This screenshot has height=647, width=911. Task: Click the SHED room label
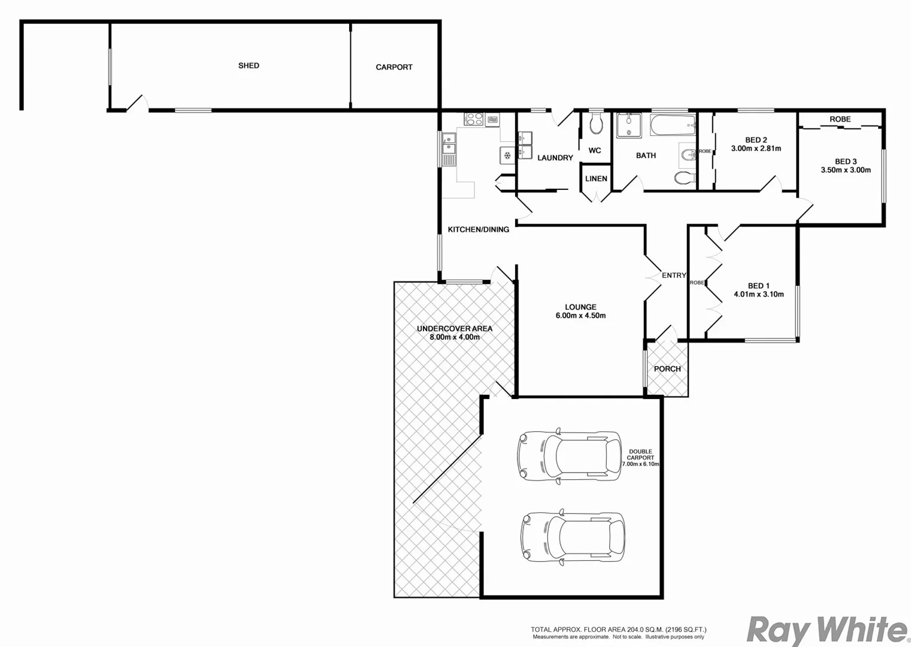click(x=249, y=65)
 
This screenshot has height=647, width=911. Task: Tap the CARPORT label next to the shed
click(x=394, y=67)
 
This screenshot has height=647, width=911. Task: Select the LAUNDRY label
click(x=555, y=158)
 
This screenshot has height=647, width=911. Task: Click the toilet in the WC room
click(x=596, y=125)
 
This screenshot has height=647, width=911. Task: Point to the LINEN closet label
click(x=596, y=179)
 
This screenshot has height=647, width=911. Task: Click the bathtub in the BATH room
click(x=673, y=126)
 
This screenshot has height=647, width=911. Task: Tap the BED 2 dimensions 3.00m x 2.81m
click(x=756, y=149)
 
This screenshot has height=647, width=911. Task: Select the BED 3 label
click(x=846, y=161)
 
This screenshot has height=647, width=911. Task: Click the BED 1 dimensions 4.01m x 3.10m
click(x=758, y=294)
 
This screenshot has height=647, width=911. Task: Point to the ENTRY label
click(x=673, y=275)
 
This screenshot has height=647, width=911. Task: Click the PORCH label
click(x=667, y=368)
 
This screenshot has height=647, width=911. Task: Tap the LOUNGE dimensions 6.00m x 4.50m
click(x=580, y=316)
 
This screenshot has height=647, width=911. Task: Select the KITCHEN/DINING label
click(x=478, y=229)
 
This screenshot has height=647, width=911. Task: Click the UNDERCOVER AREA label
click(x=454, y=328)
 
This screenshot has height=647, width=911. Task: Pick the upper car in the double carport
click(x=569, y=455)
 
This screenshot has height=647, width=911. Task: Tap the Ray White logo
click(x=827, y=630)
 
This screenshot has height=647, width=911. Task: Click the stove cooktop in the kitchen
click(x=474, y=119)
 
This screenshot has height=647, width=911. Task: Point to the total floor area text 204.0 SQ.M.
click(x=618, y=630)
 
